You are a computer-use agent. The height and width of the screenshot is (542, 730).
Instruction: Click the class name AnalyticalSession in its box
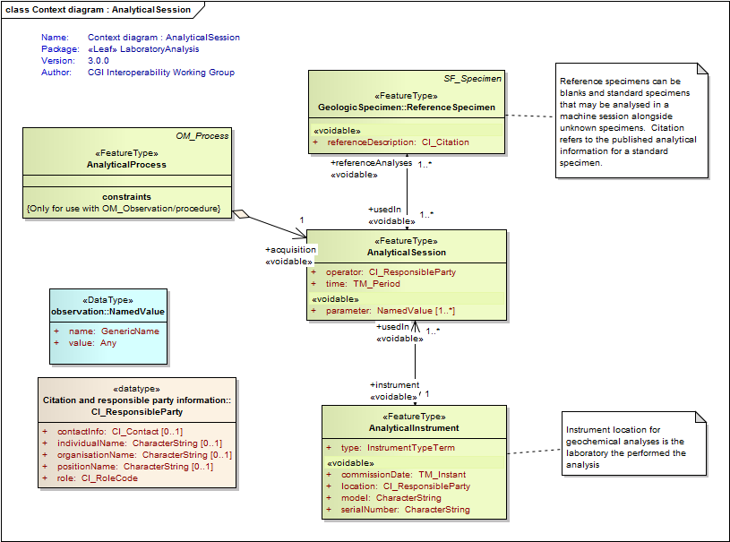coord(406,253)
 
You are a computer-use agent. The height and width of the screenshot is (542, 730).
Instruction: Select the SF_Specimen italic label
coord(472,79)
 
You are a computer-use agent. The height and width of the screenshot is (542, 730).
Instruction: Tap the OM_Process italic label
coord(202,136)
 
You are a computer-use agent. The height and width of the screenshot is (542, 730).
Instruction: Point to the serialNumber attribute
coord(405,510)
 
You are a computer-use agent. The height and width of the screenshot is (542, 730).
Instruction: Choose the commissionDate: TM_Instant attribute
coord(403,475)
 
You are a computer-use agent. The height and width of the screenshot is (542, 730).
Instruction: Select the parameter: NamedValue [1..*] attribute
coord(390,310)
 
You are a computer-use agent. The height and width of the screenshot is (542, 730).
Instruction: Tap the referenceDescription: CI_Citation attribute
coord(398,142)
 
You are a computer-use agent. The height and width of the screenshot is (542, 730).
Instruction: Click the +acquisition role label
coord(290,250)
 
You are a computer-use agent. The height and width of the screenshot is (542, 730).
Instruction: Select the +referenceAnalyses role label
coord(372,163)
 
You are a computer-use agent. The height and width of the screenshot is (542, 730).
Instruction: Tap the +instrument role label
coord(394,384)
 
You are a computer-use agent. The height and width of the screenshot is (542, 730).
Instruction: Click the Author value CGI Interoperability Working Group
coord(161,73)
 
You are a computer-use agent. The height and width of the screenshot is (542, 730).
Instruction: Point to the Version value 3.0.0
coord(99,61)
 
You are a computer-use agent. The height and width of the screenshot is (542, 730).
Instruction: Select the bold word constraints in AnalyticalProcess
coord(126,196)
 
